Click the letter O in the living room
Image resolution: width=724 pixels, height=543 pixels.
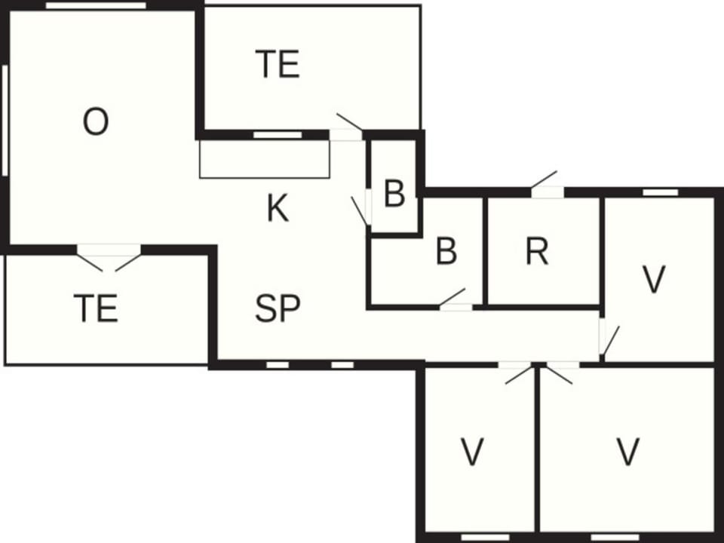[96, 121]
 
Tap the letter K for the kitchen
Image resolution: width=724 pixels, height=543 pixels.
[278, 209]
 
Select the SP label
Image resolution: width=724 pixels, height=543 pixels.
[278, 308]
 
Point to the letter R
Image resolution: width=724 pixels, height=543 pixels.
[537, 252]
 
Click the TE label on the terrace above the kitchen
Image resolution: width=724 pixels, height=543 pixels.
[278, 64]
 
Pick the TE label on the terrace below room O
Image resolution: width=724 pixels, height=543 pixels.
[96, 308]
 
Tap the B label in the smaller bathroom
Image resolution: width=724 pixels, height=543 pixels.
[394, 194]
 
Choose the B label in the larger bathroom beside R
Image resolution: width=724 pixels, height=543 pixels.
[446, 251]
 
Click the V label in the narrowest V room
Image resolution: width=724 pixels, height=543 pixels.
[472, 452]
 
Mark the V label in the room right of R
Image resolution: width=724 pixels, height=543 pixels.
[654, 279]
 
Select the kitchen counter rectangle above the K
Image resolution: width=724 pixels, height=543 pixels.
[265, 159]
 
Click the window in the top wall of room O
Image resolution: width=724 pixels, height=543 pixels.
[96, 5]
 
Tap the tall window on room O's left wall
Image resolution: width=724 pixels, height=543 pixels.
[5, 121]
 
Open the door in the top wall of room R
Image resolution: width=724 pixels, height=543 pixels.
[548, 186]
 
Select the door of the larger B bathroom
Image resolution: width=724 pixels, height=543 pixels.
[455, 300]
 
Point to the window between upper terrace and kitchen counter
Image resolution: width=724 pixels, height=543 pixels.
[278, 135]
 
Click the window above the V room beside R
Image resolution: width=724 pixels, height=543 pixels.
[661, 192]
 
